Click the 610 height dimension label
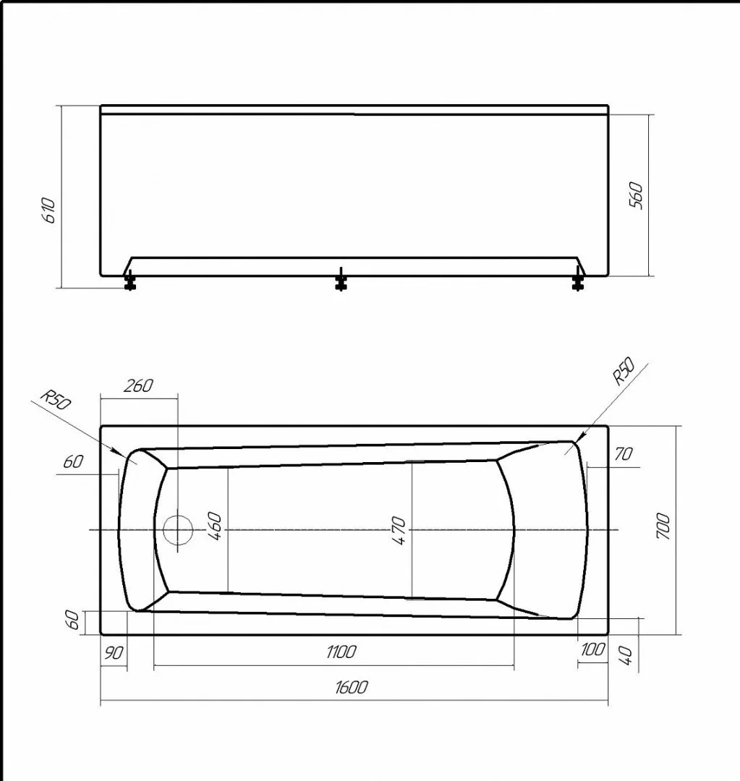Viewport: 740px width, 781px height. coord(49,210)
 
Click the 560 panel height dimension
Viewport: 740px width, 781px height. coord(637,196)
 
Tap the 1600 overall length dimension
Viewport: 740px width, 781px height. coord(352,688)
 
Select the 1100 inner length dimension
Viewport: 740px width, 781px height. coord(342,652)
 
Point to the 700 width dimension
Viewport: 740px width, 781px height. coord(664,526)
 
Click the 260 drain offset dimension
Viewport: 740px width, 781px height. coord(138,385)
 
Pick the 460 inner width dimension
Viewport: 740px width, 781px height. coord(214,526)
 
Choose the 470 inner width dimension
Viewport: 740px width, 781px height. coord(399,531)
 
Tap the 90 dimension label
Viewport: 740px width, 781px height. coord(114,653)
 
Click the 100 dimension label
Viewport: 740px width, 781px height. coord(593,649)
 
